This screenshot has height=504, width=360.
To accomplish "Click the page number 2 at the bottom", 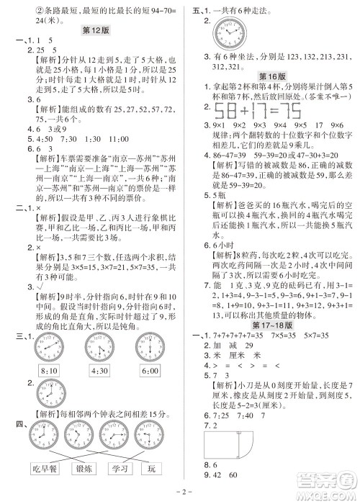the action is pos(180,496).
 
